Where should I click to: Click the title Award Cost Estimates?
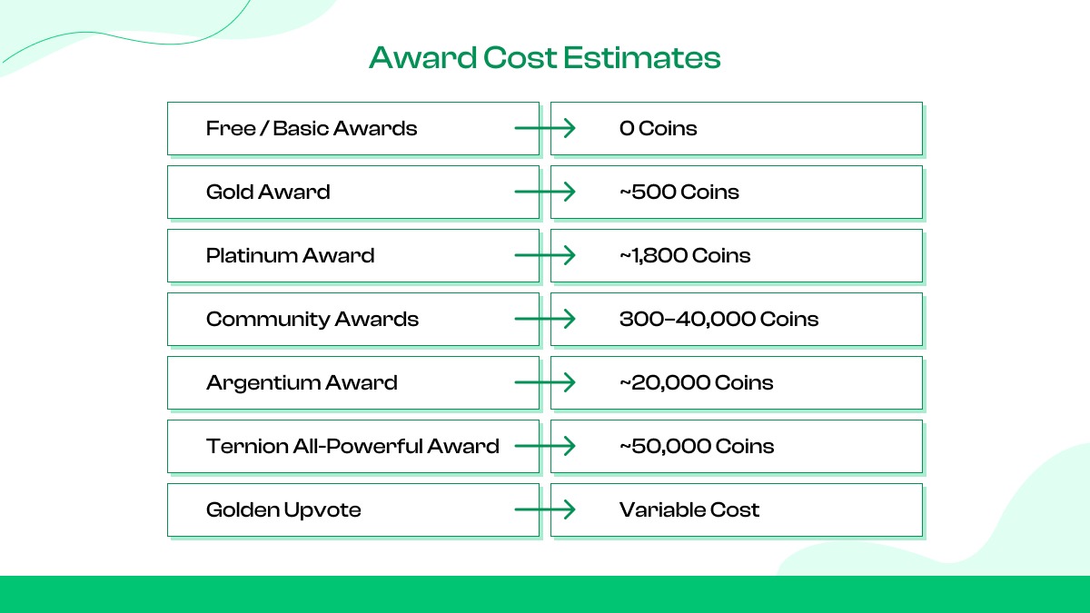(544, 58)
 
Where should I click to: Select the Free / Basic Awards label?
(312, 128)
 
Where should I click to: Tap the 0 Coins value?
(658, 128)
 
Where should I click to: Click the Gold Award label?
(268, 192)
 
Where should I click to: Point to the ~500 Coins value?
(679, 192)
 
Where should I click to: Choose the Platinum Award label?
(290, 255)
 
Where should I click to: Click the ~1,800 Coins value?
(685, 255)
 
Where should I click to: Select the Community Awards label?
(312, 319)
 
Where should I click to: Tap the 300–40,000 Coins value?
(718, 319)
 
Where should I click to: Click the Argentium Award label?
(302, 382)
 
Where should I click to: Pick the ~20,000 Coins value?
(696, 382)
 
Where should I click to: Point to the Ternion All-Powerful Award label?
(352, 446)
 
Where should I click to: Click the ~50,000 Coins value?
(697, 446)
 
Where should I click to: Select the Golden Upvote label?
(283, 509)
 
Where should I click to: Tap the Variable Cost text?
(689, 509)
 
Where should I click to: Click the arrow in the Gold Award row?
(545, 192)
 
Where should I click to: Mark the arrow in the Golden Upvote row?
(545, 509)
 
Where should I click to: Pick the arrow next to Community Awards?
(545, 319)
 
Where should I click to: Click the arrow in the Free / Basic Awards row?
(545, 128)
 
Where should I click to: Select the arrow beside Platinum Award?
(545, 255)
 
